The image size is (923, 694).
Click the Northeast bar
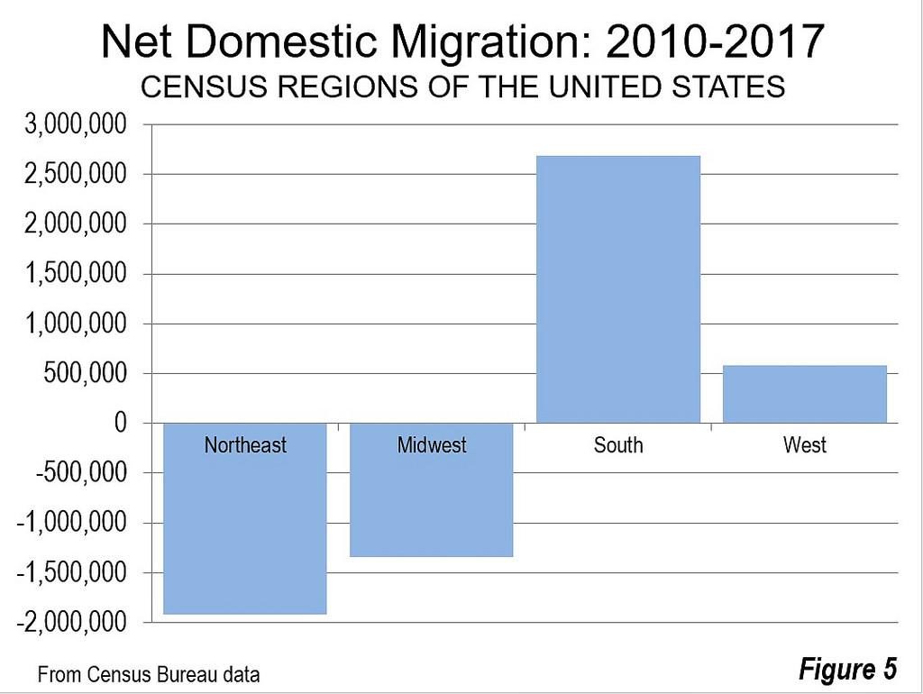[x=244, y=532]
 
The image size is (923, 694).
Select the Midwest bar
[x=431, y=505]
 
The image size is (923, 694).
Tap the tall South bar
[x=617, y=288]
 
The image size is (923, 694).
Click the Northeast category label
[x=245, y=445]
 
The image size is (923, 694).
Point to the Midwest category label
[x=432, y=445]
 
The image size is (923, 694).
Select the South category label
[x=618, y=445]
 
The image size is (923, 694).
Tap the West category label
[x=805, y=445]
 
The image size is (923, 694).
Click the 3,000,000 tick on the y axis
[x=76, y=124]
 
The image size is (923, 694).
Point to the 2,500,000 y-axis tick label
[x=76, y=174]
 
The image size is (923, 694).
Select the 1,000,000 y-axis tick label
[x=76, y=324]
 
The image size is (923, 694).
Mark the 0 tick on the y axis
[x=120, y=423]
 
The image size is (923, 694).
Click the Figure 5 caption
[x=847, y=670]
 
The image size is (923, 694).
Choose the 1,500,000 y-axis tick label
[x=76, y=274]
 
